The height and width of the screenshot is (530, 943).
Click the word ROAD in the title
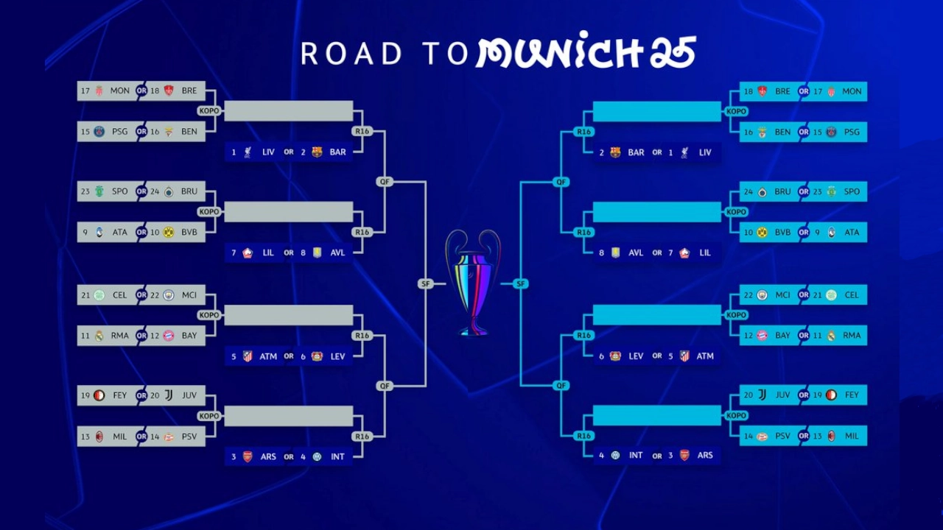pos(351,54)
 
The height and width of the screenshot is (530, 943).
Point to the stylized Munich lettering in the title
pos(586,52)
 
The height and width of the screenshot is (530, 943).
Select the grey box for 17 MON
pos(106,91)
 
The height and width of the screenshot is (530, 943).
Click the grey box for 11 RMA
pos(106,335)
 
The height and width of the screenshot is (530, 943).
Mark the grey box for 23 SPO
pos(106,191)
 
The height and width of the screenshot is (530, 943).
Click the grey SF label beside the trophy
pos(425,283)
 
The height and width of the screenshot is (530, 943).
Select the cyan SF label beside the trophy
pos(521,283)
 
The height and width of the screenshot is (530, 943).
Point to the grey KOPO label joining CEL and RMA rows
pos(209,315)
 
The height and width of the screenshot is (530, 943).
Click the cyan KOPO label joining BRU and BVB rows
pos(736,212)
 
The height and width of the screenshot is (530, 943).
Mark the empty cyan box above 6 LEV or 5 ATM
pos(656,315)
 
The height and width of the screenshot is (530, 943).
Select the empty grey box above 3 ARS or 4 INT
pos(289,416)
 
